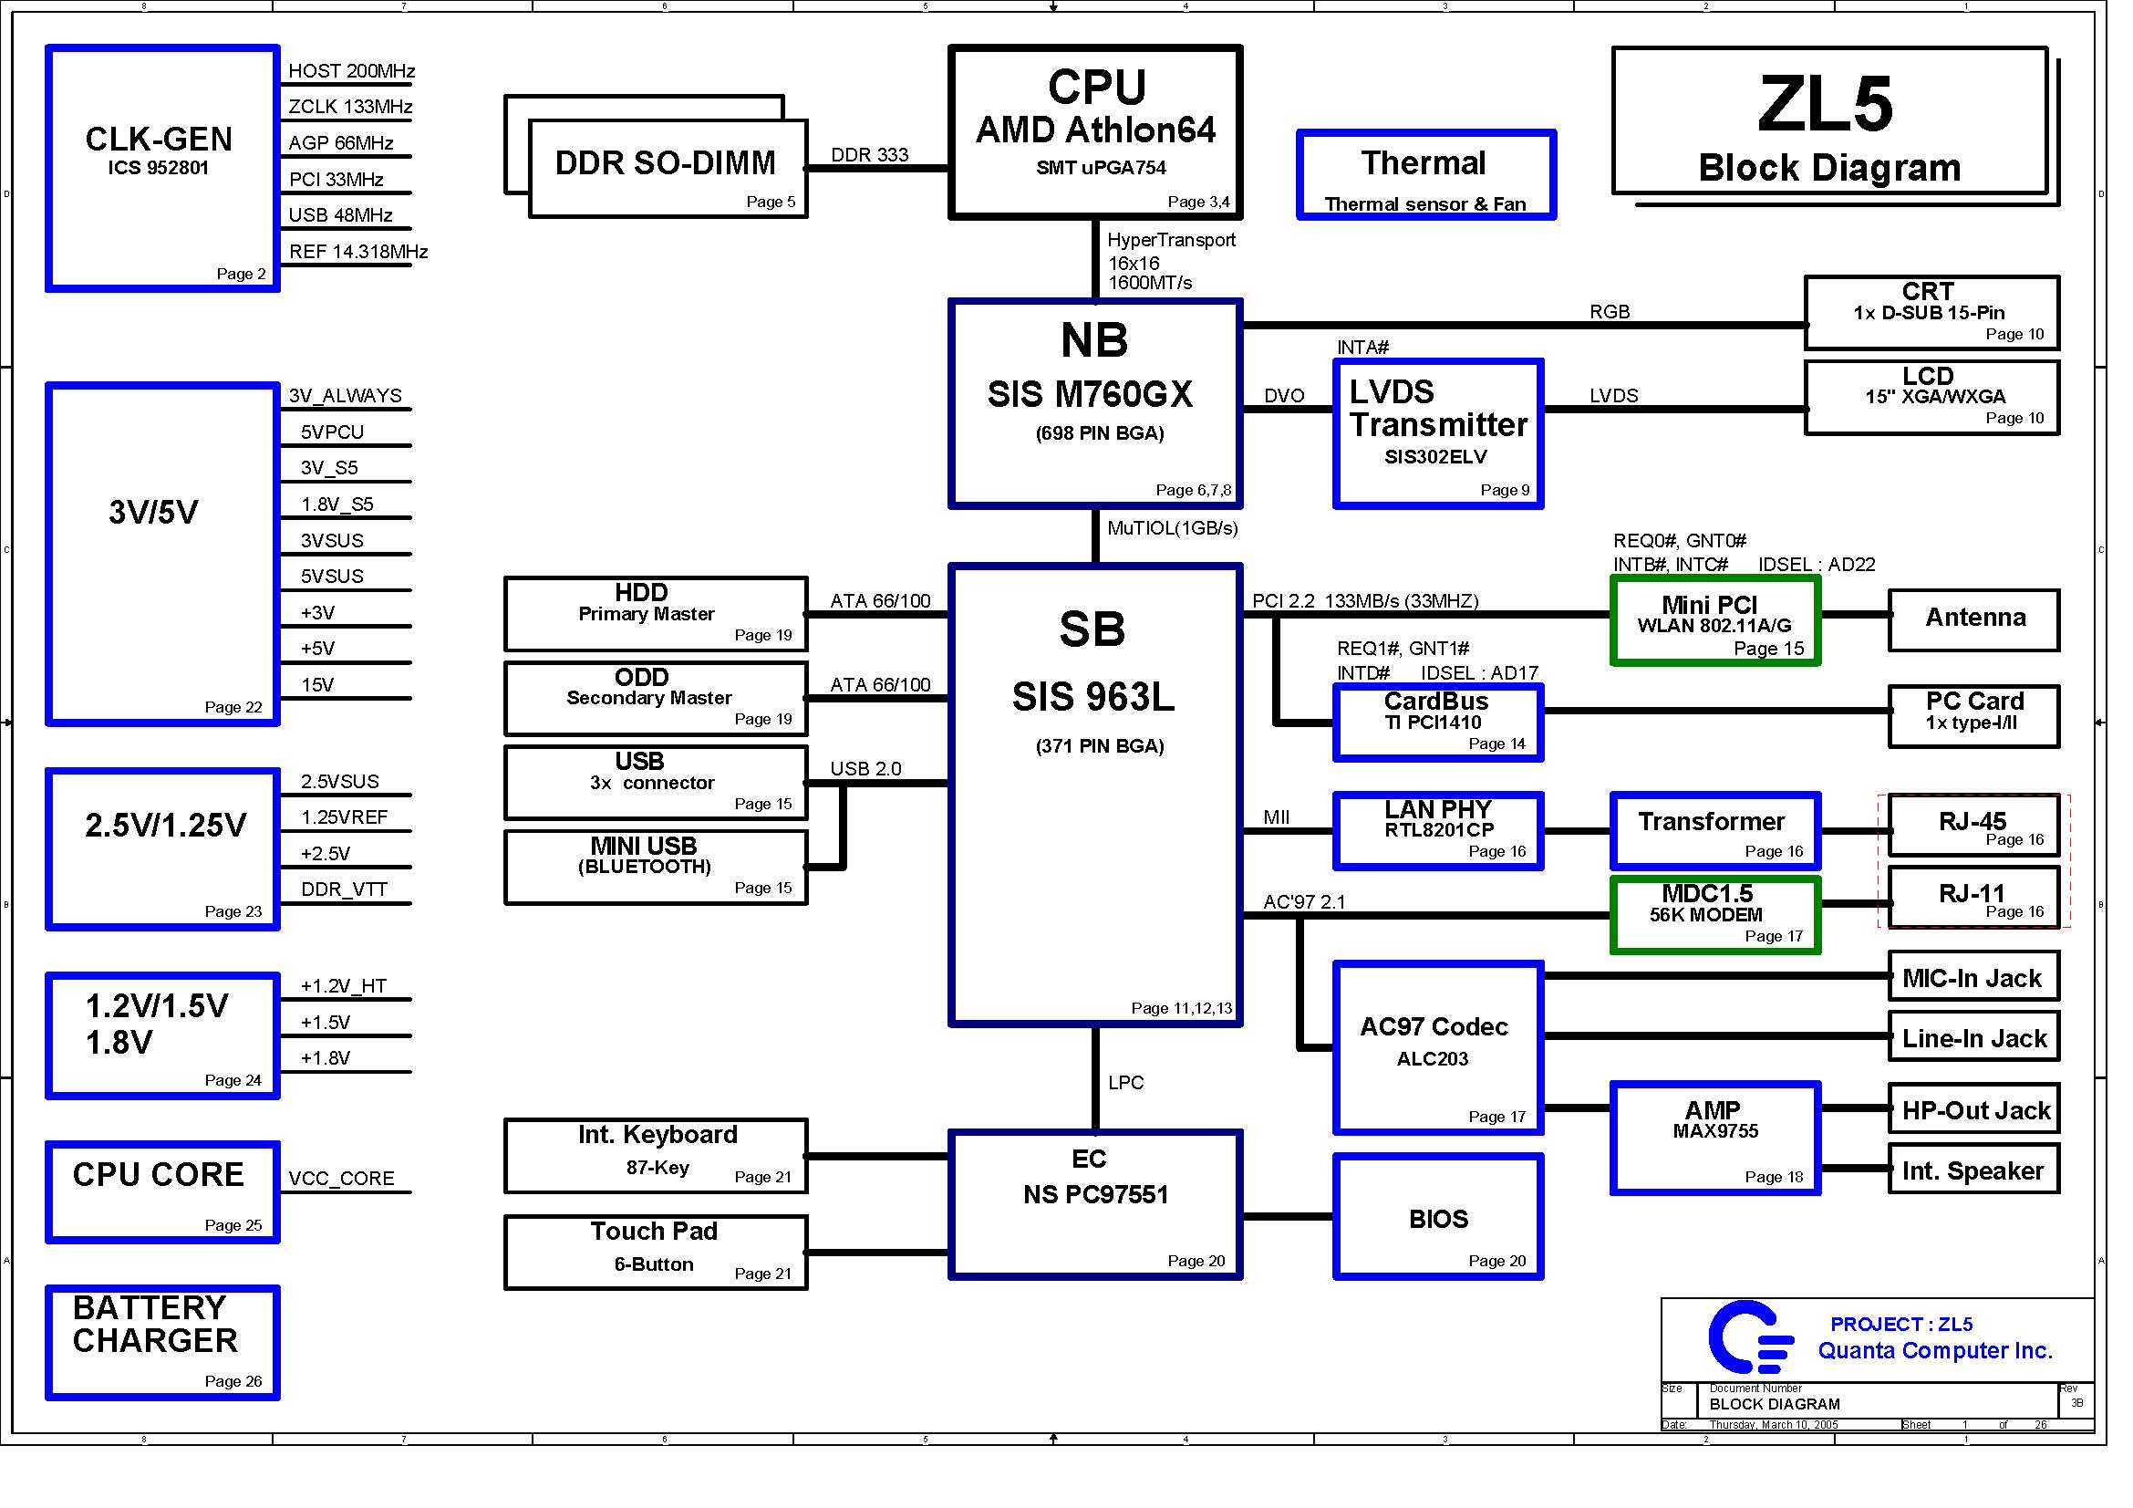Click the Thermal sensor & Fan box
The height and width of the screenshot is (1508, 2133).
1425,175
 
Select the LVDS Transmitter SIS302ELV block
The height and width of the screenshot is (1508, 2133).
1438,434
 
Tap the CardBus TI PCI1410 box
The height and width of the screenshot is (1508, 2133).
1438,723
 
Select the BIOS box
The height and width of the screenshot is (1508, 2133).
1438,1217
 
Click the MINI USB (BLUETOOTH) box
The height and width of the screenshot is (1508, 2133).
655,867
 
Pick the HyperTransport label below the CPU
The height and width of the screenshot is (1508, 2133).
1171,241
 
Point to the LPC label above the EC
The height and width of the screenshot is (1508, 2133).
1125,1083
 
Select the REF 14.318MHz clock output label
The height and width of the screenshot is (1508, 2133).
357,252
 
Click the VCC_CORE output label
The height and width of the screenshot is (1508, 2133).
341,1178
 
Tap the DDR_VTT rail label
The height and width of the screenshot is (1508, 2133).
343,889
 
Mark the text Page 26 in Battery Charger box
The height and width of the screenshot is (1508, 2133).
233,1380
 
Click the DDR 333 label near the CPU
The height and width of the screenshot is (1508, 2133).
869,155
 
